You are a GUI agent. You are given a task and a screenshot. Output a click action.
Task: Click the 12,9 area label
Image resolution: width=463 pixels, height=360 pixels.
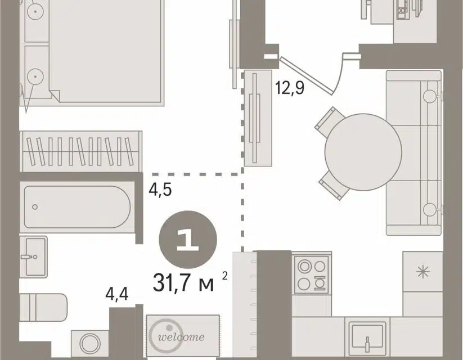pos(289,88)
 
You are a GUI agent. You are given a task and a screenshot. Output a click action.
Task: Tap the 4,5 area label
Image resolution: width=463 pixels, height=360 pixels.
pos(160,190)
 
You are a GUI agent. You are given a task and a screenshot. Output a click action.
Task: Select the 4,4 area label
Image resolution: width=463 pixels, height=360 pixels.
pos(117,294)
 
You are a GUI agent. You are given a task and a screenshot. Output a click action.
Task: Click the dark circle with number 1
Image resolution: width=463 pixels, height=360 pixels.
pos(188,240)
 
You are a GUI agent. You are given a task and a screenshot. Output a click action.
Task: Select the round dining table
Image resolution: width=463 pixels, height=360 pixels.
pos(363,152)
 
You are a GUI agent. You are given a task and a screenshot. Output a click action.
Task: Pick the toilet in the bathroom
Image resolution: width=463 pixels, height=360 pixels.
pos(43,308)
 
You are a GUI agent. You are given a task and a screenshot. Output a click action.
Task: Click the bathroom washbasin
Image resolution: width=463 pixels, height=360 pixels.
pos(33,256)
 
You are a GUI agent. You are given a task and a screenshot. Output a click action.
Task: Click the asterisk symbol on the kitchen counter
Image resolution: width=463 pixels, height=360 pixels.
pos(422,272)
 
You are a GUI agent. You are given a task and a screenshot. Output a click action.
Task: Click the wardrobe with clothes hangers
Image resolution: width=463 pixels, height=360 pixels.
pos(81,151)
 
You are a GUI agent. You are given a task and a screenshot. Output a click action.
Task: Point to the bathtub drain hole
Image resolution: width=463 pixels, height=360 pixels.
pos(35,207)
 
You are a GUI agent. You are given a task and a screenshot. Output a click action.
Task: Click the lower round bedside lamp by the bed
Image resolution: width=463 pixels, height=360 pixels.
pos(35,76)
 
